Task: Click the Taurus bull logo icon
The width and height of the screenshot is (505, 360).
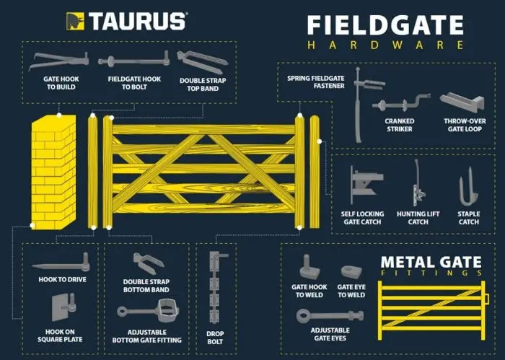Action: pyautogui.click(x=75, y=21)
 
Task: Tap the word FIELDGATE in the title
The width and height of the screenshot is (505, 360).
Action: pyautogui.click(x=385, y=25)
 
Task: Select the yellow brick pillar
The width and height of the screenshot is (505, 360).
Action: pyautogui.click(x=54, y=172)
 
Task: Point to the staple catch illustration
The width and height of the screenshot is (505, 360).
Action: pyautogui.click(x=468, y=187)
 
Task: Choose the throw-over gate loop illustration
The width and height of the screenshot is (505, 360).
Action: pyautogui.click(x=462, y=102)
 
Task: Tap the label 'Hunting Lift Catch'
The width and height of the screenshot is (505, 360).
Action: pyautogui.click(x=418, y=218)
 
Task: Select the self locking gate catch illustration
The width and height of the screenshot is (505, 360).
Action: pyautogui.click(x=366, y=185)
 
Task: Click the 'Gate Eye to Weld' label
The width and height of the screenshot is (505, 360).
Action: pyautogui.click(x=351, y=291)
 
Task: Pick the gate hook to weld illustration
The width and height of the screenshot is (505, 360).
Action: pyautogui.click(x=309, y=267)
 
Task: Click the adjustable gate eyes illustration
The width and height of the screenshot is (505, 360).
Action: pyautogui.click(x=330, y=315)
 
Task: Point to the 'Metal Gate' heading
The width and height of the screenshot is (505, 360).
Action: pyautogui.click(x=431, y=262)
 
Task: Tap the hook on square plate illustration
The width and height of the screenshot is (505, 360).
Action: pyautogui.click(x=64, y=307)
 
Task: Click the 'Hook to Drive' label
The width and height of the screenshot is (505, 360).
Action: pyautogui.click(x=63, y=279)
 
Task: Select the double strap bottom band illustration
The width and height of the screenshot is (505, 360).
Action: pyautogui.click(x=149, y=263)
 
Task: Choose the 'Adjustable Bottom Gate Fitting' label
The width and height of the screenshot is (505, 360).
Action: pyautogui.click(x=147, y=336)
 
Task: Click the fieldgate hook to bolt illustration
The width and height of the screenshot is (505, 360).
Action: pyautogui.click(x=134, y=60)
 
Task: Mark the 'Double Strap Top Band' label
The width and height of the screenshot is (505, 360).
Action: pyautogui.click(x=203, y=84)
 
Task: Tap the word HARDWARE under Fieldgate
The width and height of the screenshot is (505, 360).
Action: pyautogui.click(x=385, y=45)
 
